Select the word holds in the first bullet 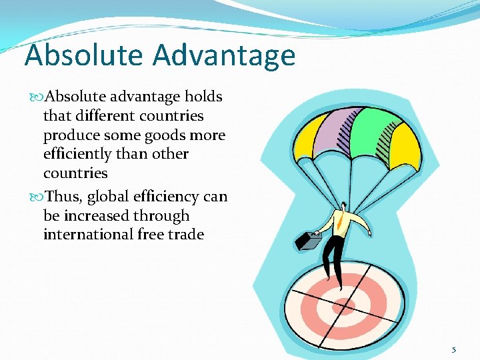(x=203, y=97)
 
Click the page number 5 (x=454, y=349)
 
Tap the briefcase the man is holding (x=309, y=239)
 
